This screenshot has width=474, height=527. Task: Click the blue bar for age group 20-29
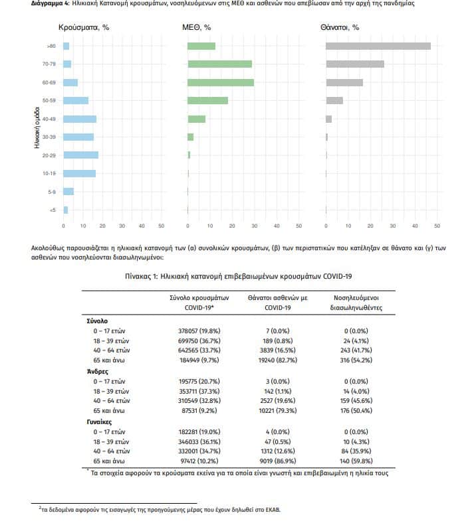[x=81, y=155]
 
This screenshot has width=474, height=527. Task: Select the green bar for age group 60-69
[x=221, y=82]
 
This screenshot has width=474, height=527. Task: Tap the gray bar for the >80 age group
[x=378, y=46]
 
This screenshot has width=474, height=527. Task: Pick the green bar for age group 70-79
[x=219, y=64]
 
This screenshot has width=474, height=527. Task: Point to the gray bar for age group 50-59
[x=334, y=100]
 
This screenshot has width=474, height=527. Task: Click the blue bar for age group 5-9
[x=68, y=192]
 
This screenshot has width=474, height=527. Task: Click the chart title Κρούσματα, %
[x=84, y=28]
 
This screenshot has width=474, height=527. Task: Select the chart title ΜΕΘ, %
[x=197, y=28]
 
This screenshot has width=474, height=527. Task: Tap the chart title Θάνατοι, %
[x=340, y=28]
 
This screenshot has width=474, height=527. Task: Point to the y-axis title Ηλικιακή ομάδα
[x=37, y=127]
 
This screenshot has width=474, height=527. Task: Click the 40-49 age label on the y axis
[x=49, y=119]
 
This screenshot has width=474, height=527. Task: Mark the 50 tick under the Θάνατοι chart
[x=437, y=226]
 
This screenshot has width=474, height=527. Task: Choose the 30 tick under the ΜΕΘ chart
[x=255, y=226]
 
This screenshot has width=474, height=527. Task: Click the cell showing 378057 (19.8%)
[x=199, y=331]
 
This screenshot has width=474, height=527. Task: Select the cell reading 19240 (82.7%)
[x=278, y=360]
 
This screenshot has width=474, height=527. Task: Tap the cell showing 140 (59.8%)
[x=356, y=461]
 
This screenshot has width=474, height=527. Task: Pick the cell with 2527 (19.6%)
[x=278, y=401]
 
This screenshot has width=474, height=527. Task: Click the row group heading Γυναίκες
[x=99, y=422]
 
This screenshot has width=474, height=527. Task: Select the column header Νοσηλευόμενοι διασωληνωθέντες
[x=356, y=303]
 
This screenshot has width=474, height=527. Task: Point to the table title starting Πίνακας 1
[x=239, y=276]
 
